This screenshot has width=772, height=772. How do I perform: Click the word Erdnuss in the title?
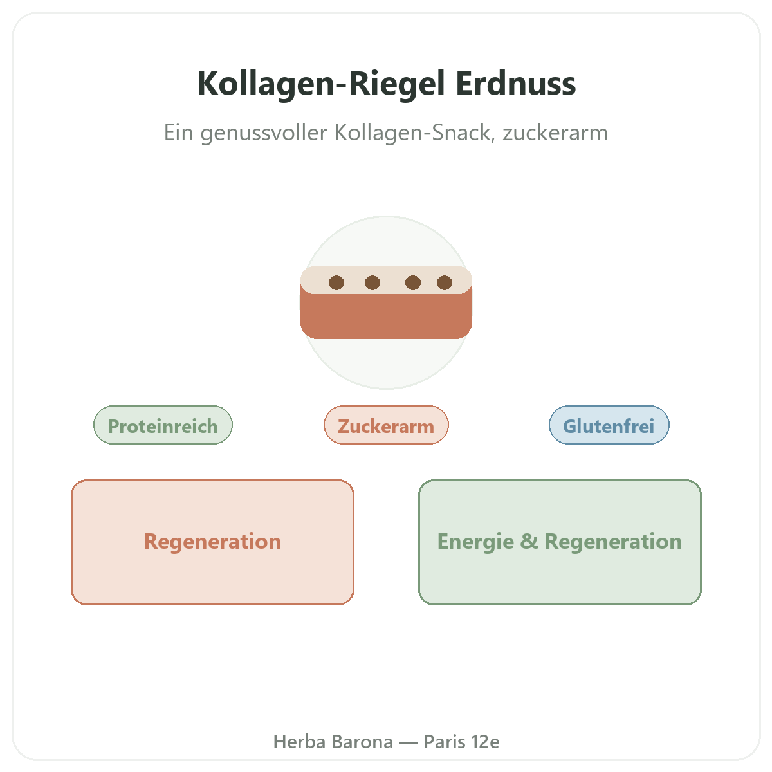[515, 84]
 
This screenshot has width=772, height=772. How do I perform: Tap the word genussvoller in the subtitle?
[264, 133]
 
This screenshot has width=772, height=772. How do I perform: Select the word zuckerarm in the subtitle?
[555, 133]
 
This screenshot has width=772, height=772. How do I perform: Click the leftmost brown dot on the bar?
[336, 282]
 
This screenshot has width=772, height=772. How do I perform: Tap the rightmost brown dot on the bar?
[445, 282]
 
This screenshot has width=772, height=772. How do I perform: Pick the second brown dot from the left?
[372, 282]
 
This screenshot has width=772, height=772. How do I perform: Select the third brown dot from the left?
[412, 282]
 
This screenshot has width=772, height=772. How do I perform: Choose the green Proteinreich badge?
[163, 425]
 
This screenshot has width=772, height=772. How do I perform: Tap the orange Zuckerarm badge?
[386, 425]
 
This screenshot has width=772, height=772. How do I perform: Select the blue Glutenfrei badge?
[609, 425]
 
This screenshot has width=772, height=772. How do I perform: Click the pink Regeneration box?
[212, 542]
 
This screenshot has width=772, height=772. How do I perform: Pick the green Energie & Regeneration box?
[560, 542]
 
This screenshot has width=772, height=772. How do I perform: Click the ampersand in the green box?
[529, 541]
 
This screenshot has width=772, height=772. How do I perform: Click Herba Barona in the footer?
[333, 742]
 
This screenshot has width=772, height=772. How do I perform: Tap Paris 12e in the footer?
[461, 742]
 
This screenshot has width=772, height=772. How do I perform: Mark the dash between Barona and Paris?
[409, 743]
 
